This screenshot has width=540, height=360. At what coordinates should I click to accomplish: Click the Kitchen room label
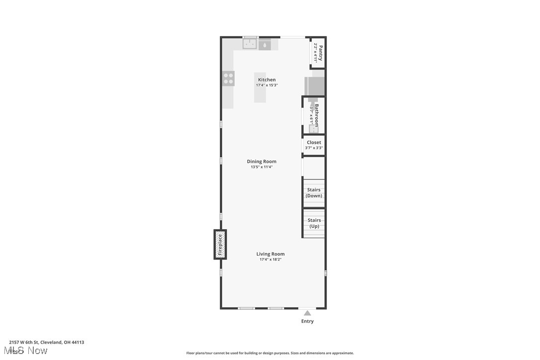(267, 80)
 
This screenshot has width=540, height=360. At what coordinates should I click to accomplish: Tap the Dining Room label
(262, 161)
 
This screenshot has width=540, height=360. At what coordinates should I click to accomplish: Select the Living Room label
(270, 254)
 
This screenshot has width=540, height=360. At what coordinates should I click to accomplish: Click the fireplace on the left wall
(220, 244)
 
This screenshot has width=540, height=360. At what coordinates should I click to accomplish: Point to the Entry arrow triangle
(307, 313)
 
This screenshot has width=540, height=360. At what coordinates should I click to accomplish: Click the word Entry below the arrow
(307, 321)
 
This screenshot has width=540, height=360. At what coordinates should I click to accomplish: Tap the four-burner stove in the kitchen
(228, 79)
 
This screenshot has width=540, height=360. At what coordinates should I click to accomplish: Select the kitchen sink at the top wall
(250, 44)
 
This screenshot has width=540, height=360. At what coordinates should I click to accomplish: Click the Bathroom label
(316, 115)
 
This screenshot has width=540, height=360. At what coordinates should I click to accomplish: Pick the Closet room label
(314, 142)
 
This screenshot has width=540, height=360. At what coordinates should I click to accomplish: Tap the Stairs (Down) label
(314, 193)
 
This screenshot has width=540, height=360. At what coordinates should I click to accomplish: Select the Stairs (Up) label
(314, 223)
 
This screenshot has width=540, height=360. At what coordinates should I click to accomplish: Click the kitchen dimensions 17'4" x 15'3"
(267, 86)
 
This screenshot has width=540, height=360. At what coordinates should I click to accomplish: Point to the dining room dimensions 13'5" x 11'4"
(262, 167)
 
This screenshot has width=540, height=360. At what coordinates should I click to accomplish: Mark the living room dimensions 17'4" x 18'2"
(270, 260)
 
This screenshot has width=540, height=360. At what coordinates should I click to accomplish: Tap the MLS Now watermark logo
(28, 351)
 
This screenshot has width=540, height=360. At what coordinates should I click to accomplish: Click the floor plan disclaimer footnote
(270, 353)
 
